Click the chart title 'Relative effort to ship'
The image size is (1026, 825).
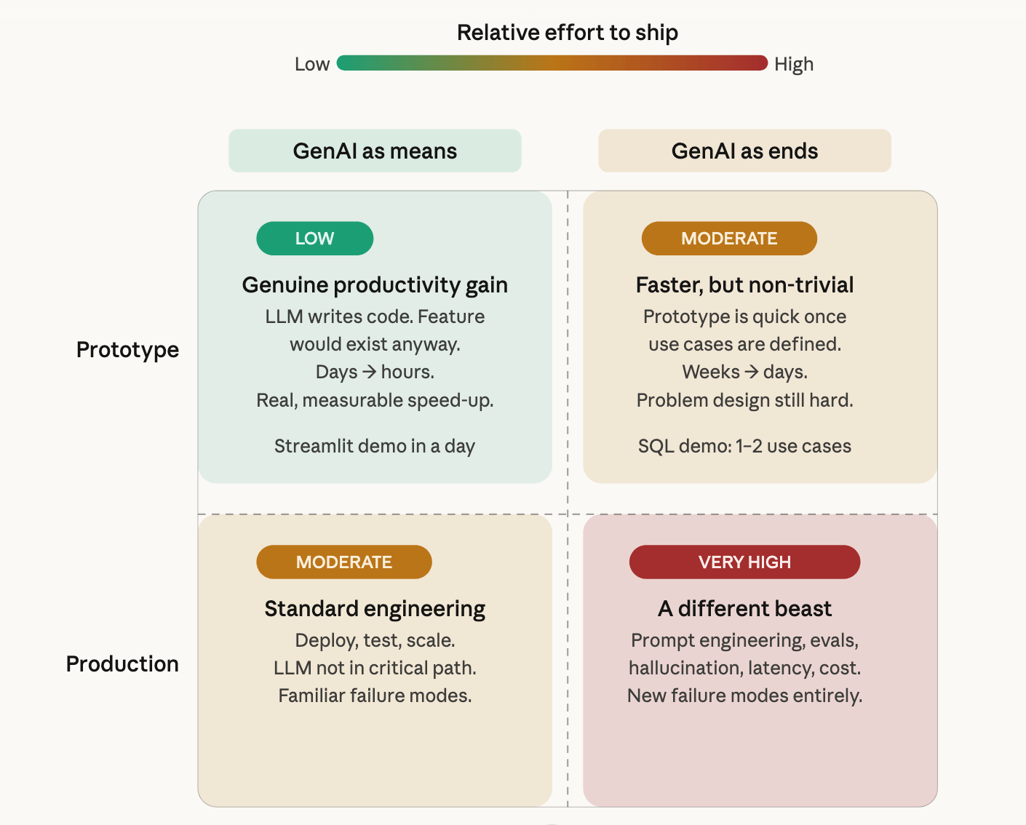pos(567,33)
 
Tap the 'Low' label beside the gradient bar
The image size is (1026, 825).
pos(312,64)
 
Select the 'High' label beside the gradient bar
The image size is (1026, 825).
pos(793,64)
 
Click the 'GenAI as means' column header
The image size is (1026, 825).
pos(375,151)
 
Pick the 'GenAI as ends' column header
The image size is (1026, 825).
pos(744,151)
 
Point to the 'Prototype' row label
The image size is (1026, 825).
pos(127,350)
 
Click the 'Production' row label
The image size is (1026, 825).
pos(122,664)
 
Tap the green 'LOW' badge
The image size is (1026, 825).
pos(314,239)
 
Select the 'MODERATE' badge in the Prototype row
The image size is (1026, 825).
pos(729,239)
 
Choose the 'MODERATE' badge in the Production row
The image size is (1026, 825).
pos(344,562)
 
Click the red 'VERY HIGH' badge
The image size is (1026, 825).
pos(744,562)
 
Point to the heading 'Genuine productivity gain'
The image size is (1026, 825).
pos(375,285)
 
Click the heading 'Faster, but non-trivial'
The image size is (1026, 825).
pos(744,285)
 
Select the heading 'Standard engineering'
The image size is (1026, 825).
pos(375,609)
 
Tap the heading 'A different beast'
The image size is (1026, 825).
pos(744,609)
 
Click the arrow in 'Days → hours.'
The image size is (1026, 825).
pos(370,372)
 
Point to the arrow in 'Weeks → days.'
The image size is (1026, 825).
pos(752,372)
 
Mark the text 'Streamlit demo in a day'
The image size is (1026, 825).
pos(375,446)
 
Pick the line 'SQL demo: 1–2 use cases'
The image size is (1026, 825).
pos(744,446)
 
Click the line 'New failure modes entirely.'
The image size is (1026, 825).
pos(744,696)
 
